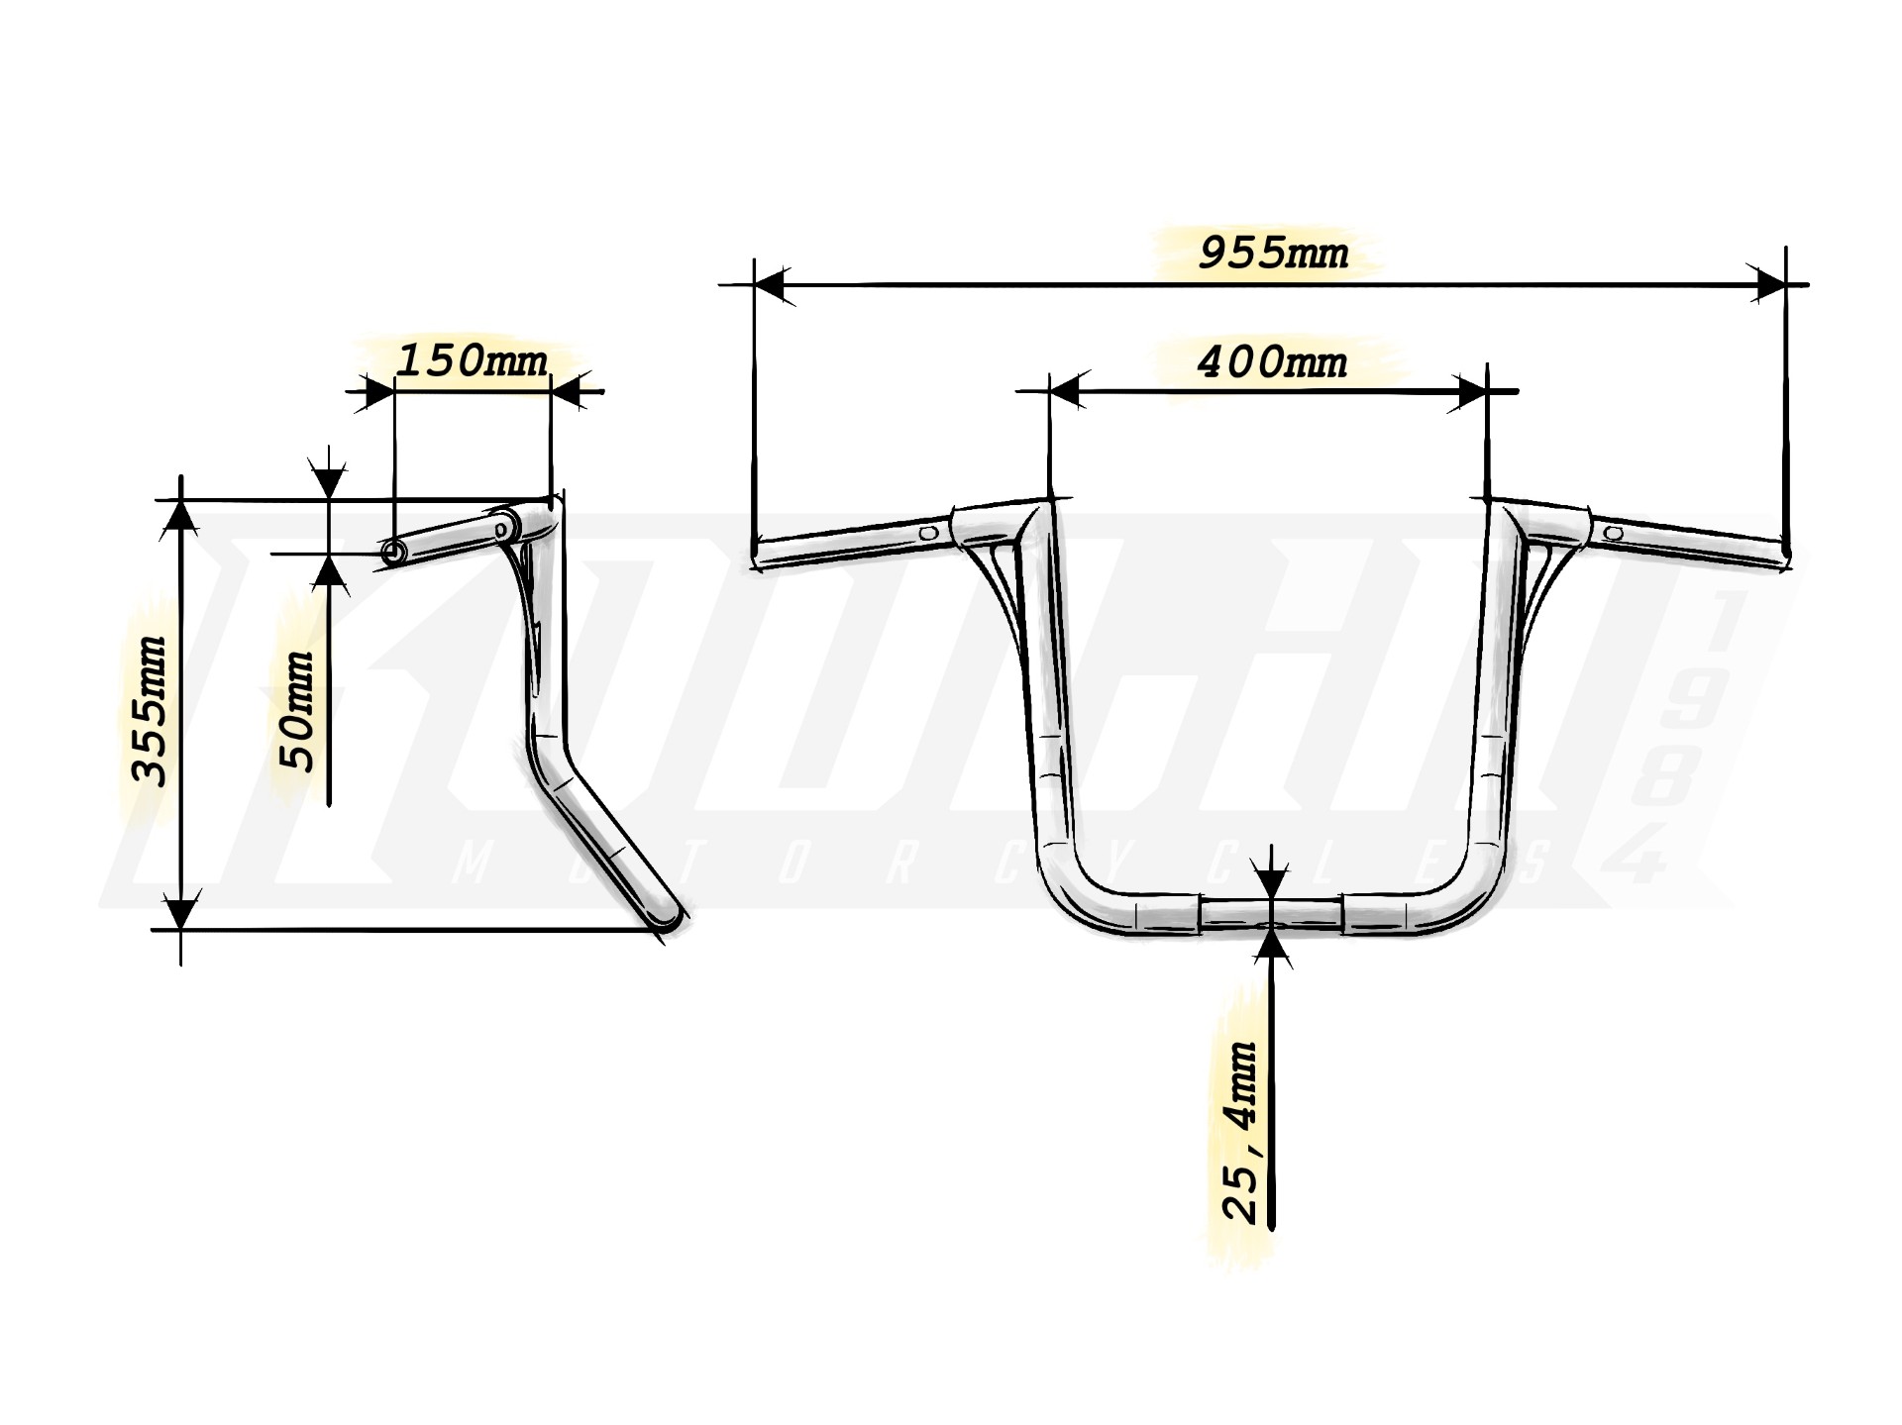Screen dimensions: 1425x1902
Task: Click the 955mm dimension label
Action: (x=1273, y=254)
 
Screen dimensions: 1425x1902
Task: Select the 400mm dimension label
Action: (x=1273, y=362)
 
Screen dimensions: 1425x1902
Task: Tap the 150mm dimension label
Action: (x=472, y=360)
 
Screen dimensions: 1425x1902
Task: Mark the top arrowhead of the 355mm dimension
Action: (x=180, y=516)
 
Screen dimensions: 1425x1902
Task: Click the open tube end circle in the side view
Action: (x=393, y=553)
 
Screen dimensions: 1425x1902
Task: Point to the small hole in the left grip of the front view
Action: (x=928, y=533)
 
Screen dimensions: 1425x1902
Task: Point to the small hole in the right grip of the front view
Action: (x=1614, y=533)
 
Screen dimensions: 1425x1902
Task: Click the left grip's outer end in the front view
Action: (x=758, y=555)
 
